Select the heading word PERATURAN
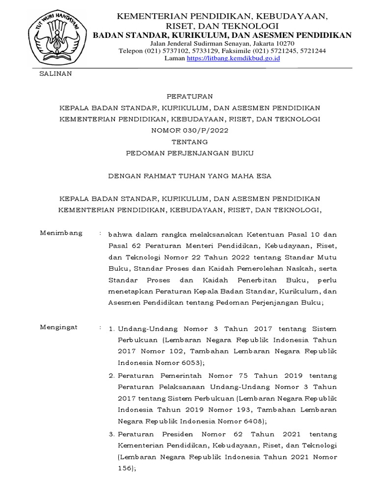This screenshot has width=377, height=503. click(189, 96)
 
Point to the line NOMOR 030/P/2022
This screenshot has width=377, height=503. click(189, 130)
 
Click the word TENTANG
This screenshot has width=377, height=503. click(189, 141)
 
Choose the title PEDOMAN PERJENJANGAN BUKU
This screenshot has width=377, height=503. click(189, 153)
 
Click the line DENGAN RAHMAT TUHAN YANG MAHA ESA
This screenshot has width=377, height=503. click(189, 176)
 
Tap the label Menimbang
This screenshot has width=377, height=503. click(61, 233)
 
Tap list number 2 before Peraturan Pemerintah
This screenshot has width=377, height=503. click(111, 376)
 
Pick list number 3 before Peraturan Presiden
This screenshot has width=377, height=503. click(111, 434)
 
